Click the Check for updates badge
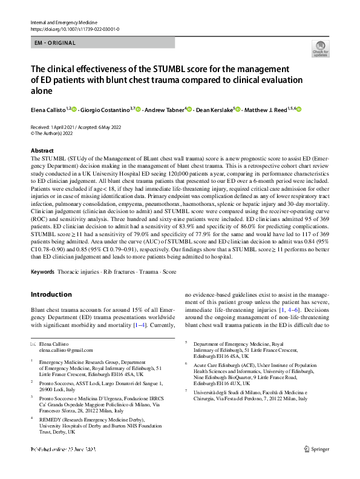[318, 48]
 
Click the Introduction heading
[51, 295]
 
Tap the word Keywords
[42, 272]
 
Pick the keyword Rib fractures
[116, 272]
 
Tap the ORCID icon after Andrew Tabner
[189, 110]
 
